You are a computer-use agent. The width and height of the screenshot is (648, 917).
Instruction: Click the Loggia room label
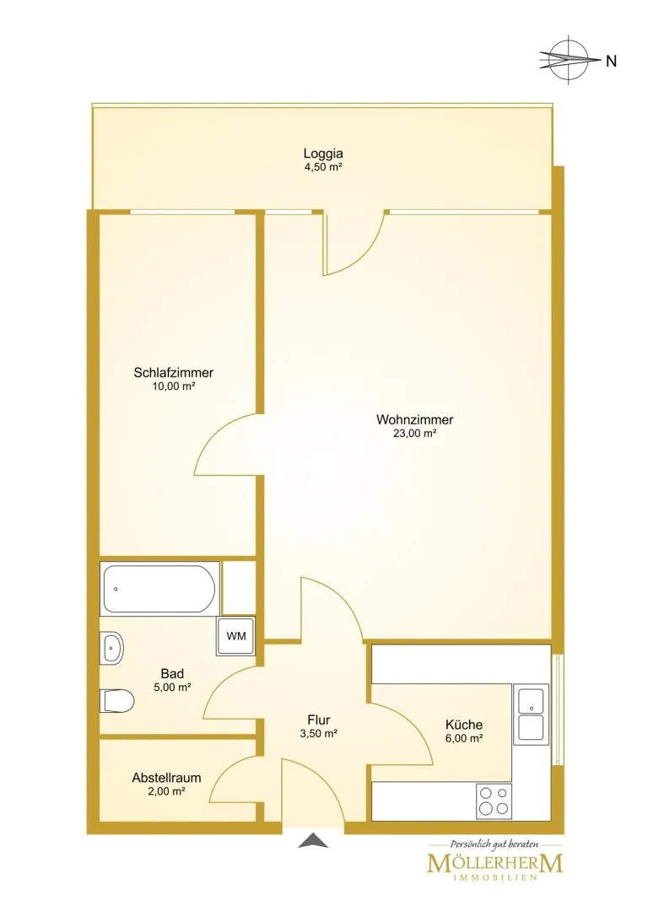pos(323,154)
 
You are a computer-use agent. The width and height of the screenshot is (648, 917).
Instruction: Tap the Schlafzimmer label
pos(174,372)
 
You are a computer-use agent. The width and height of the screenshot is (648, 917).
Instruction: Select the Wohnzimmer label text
pos(414,419)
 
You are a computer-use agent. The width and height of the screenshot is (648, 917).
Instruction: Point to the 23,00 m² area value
pos(414,434)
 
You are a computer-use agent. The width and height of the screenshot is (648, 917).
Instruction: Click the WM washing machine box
pos(236,636)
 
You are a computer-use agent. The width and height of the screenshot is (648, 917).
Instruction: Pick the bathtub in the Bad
pos(159,588)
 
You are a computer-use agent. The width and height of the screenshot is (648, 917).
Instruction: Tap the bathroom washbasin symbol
pos(111,649)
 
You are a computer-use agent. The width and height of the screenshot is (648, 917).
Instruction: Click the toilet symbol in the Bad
pos(117,701)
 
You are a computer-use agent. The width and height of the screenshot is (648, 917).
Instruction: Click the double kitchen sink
pos(531,714)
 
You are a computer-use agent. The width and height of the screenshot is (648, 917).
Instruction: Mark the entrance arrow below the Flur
pos(314,841)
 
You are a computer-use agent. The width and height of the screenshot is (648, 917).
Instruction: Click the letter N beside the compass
pos(611,61)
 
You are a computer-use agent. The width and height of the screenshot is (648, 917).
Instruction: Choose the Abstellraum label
pos(167,778)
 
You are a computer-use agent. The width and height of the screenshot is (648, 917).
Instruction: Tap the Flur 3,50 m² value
pos(319,734)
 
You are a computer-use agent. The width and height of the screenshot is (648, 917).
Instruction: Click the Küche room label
pos(464,724)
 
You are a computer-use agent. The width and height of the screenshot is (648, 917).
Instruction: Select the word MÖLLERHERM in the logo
pos(495,864)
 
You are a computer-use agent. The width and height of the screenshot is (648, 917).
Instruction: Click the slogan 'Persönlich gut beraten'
pos(494,844)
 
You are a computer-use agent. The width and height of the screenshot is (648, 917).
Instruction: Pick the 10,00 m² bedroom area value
pos(173,386)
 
